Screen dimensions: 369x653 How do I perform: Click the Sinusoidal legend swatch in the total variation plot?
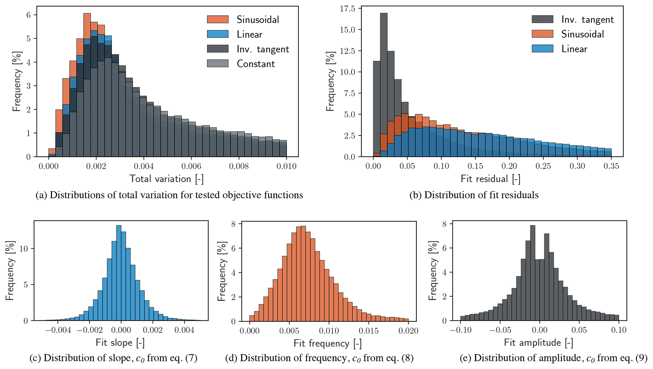point(218,19)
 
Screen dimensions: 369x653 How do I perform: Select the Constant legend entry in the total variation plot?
point(256,64)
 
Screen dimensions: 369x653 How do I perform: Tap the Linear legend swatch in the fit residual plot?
point(542,49)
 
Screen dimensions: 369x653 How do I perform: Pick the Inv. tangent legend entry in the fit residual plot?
point(587,20)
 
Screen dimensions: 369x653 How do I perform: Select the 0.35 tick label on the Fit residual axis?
point(611,166)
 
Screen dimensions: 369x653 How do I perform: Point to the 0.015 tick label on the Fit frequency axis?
point(368,331)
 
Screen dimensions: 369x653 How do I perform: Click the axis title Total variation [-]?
point(166,179)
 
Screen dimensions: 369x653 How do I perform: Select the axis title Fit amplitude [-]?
point(538,343)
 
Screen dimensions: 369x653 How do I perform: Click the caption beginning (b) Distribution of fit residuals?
point(474,195)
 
